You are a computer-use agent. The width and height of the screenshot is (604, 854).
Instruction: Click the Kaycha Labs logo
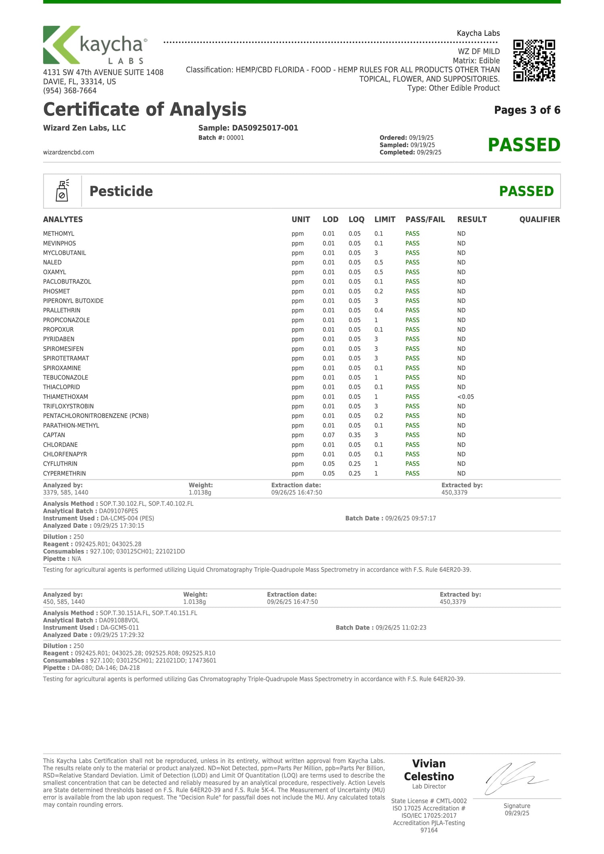point(95,45)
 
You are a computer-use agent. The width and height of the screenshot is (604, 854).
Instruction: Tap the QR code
point(534,60)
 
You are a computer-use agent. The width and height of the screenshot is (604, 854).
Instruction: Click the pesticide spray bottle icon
point(62,191)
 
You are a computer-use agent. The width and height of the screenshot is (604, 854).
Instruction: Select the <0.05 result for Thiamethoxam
point(465,397)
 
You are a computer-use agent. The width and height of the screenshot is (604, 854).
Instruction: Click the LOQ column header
point(356,219)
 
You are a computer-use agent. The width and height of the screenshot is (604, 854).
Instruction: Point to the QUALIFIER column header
point(539,219)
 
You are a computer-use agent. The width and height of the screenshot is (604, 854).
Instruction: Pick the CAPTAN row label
point(54,435)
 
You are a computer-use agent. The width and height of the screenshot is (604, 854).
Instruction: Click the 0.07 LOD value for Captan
point(329,435)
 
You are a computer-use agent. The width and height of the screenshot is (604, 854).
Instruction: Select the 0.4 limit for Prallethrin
point(379,310)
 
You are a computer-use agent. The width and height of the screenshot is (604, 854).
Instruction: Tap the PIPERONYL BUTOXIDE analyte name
point(73,301)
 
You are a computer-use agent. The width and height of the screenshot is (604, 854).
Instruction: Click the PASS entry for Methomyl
point(412,234)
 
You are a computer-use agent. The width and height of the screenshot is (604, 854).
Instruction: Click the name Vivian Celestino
point(429,770)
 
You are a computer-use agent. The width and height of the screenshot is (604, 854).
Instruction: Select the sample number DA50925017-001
point(265,128)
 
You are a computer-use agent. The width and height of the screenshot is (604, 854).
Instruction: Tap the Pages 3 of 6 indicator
point(527,110)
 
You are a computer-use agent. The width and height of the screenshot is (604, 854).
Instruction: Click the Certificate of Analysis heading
point(145,110)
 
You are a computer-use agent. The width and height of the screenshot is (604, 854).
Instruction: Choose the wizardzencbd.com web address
point(68,152)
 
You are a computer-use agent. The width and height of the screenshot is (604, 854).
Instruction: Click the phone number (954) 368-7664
point(70,91)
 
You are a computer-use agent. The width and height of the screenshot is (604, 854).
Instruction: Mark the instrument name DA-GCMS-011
point(120,627)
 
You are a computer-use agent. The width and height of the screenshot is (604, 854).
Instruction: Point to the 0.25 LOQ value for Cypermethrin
point(354,474)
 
